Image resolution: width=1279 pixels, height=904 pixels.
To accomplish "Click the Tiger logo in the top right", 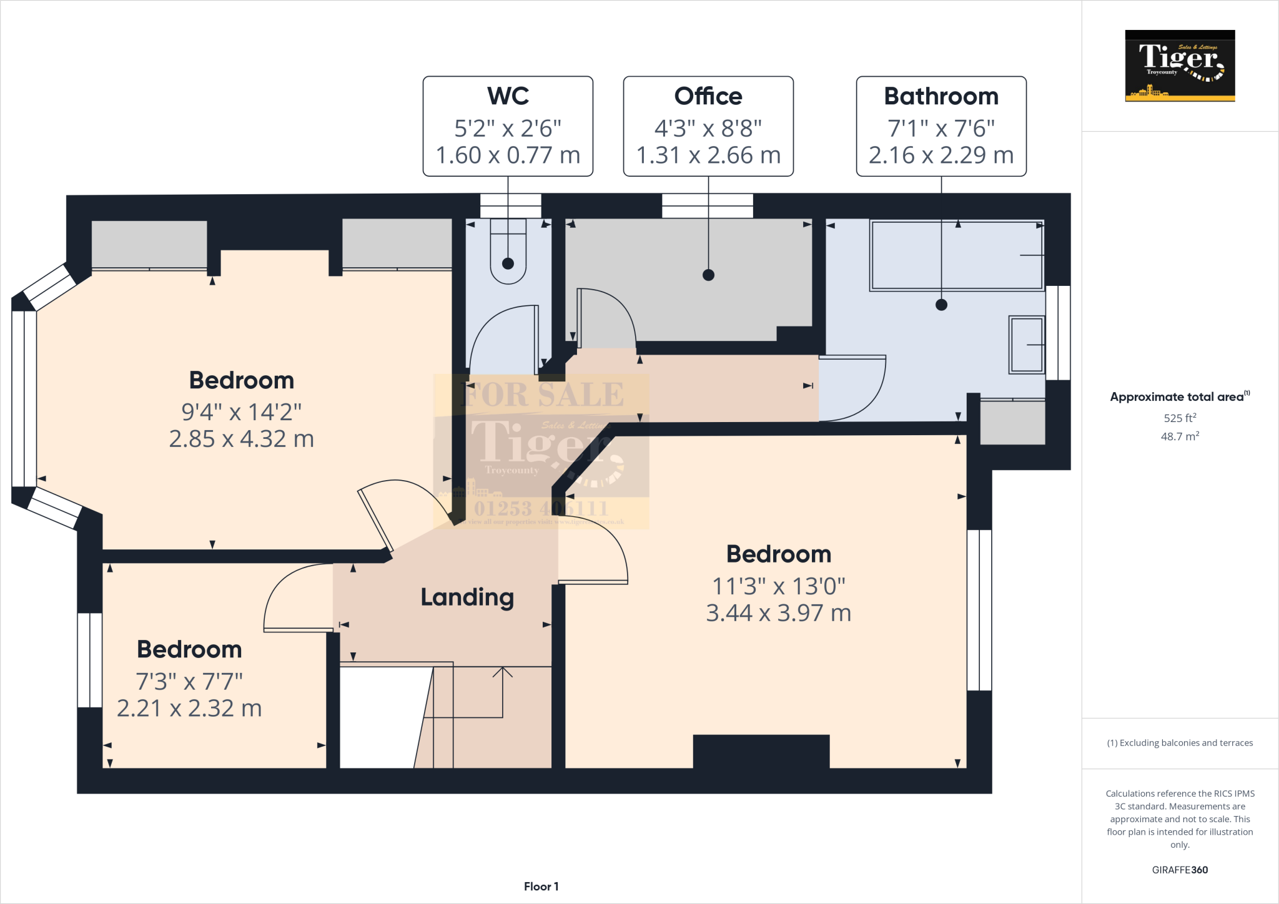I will coord(1180,66).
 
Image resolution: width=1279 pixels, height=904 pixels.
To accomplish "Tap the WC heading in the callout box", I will coord(508,96).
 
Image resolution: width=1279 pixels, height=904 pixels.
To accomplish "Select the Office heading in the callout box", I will coord(708,96).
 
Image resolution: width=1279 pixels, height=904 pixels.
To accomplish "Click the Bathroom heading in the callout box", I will coord(941,96).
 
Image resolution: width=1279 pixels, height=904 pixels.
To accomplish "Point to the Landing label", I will coord(467,597).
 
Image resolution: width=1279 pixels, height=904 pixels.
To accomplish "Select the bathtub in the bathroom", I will coord(957,255).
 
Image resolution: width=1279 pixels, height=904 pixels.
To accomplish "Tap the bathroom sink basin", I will coord(1027,345).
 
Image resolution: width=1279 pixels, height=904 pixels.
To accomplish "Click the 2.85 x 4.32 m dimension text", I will coord(242,439).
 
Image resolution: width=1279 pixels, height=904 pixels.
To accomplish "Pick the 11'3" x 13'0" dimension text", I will coord(779,586).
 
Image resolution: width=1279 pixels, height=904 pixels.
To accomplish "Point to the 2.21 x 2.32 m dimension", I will coord(189,709).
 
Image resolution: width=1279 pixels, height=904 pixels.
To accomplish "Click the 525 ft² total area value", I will coord(1180,418).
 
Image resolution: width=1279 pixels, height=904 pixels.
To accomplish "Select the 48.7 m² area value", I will coord(1180,436).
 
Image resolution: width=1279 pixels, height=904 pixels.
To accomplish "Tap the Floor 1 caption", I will coord(541,887).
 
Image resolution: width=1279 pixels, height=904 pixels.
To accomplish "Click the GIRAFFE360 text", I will coord(1180,870).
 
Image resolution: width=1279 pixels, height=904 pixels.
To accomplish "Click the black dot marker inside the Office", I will coord(708,275).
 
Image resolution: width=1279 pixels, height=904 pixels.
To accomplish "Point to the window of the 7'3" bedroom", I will coord(90,660).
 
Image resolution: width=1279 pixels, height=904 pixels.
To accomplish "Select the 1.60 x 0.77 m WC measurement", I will coord(508,155).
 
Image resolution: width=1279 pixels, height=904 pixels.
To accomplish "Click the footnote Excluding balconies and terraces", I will coord(1180,743).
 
